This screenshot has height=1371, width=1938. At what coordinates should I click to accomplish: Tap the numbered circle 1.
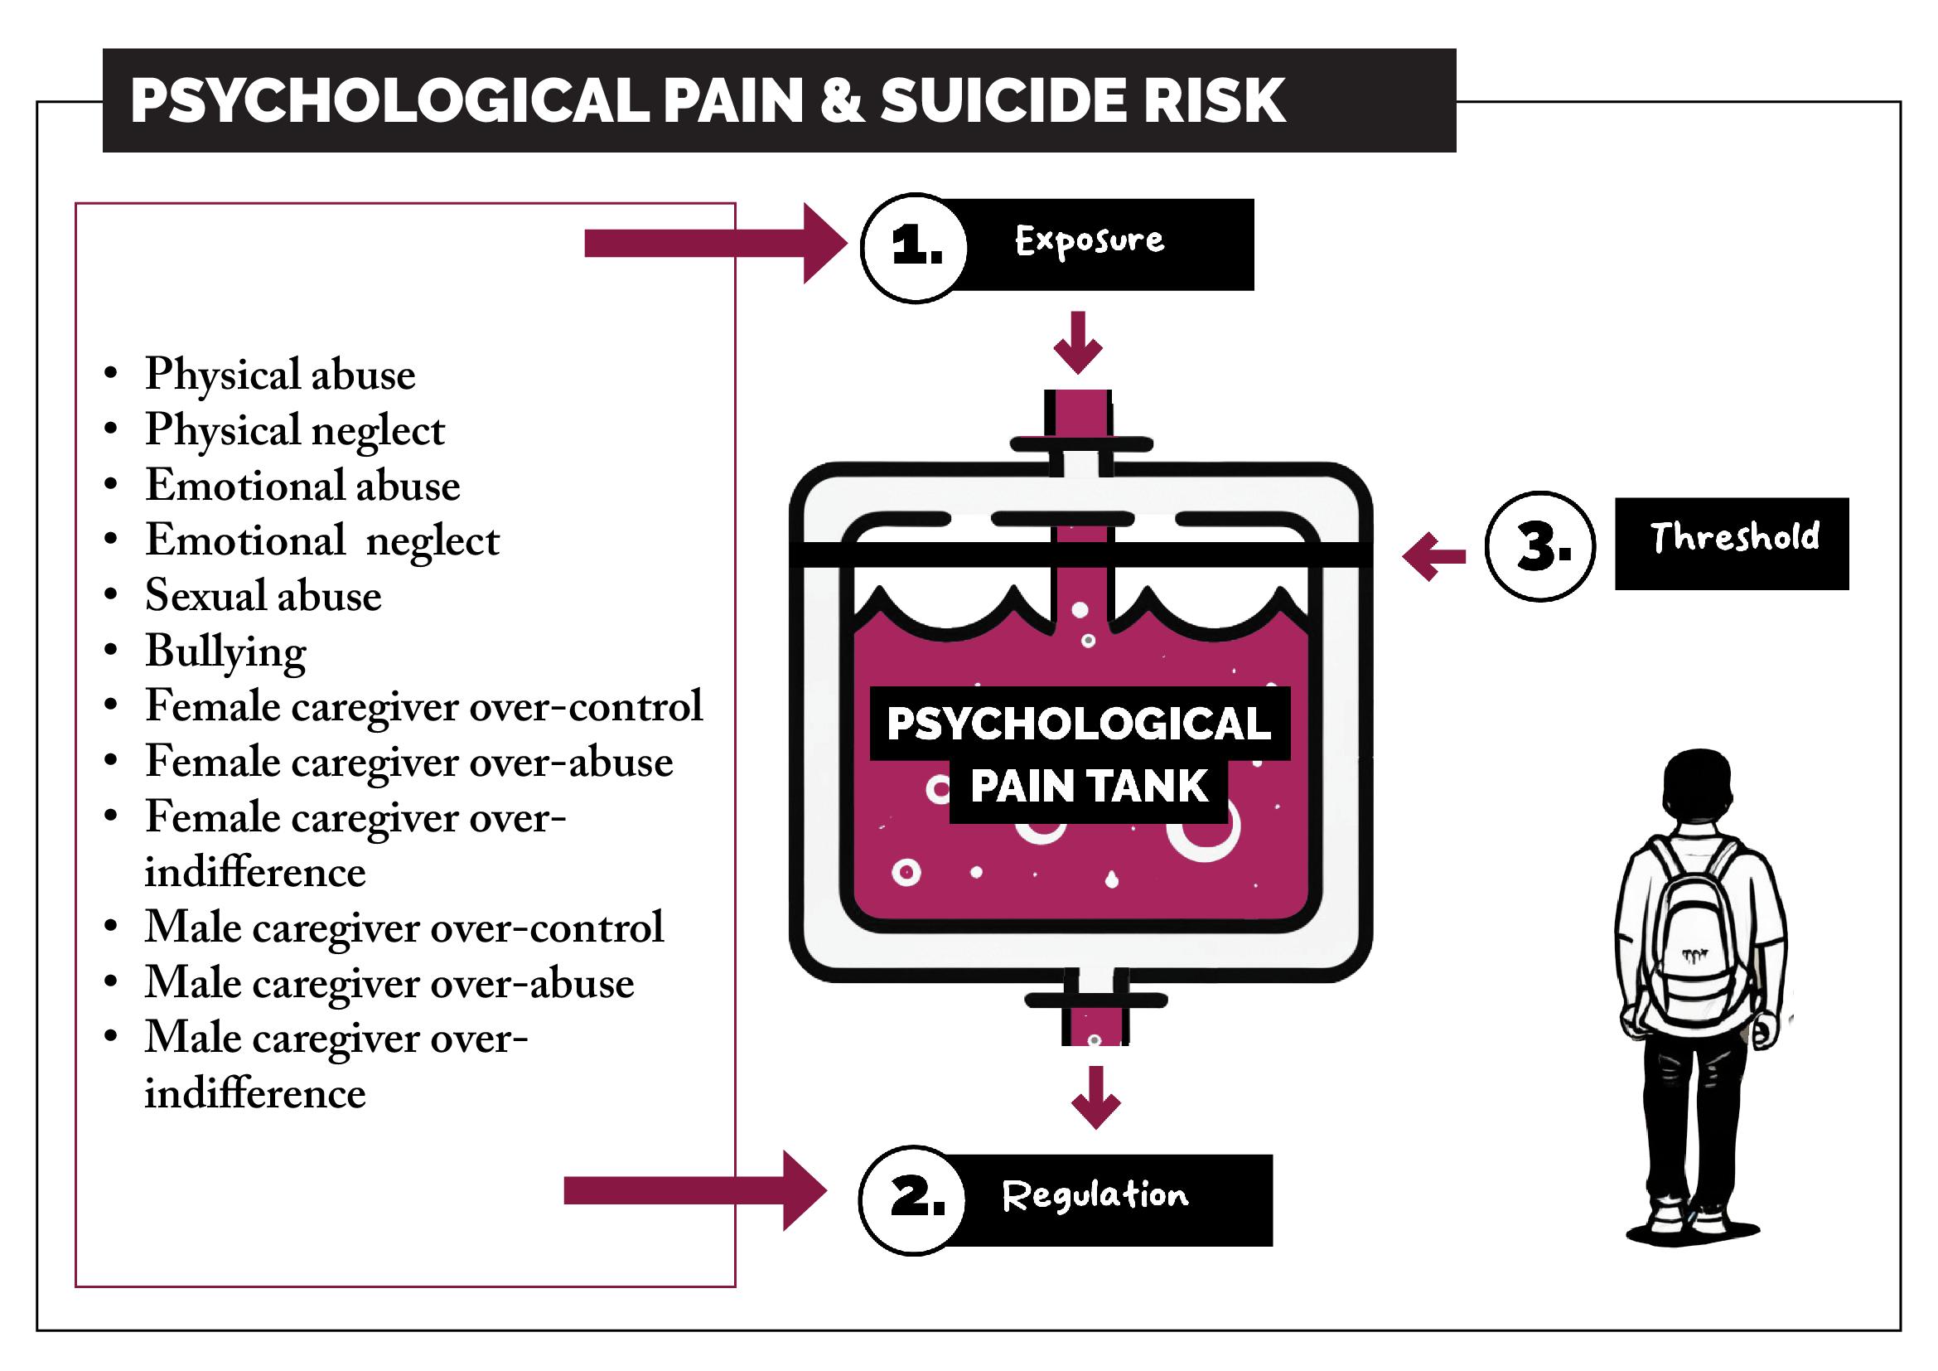click(915, 246)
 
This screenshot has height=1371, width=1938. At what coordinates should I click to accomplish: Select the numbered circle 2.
click(915, 1199)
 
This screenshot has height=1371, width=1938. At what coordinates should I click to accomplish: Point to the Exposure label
click(1089, 241)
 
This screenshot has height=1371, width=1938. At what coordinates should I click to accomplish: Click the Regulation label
click(1095, 1196)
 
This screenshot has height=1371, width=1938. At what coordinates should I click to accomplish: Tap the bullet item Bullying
click(225, 652)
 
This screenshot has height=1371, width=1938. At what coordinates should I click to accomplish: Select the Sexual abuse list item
click(263, 596)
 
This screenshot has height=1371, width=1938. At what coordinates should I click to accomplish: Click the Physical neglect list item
click(294, 430)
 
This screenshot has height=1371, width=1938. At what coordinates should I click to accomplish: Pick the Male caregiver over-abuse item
click(389, 984)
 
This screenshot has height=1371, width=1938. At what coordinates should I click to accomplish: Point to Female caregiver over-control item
click(423, 706)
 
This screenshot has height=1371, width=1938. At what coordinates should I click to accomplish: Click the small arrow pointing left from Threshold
click(1433, 555)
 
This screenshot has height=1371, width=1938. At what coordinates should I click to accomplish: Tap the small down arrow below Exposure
click(1078, 343)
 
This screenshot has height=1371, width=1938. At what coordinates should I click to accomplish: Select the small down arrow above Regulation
click(1095, 1097)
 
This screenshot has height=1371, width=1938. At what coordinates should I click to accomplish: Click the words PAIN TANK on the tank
click(1088, 787)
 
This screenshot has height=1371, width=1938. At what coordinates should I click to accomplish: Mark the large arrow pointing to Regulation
click(694, 1190)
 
